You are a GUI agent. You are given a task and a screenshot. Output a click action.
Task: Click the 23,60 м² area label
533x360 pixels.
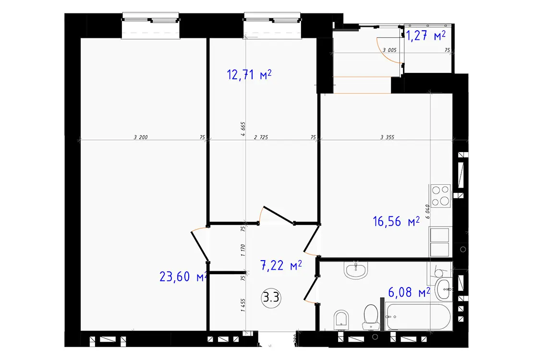coord(183,276)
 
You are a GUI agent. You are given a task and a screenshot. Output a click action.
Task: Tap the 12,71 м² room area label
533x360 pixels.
coord(249,74)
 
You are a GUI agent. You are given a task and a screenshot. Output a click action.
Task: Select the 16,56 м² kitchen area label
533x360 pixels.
coord(396,222)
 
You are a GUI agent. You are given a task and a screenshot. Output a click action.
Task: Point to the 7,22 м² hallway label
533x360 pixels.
coord(281,265)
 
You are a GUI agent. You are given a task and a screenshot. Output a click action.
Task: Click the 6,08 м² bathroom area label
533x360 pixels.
coord(409,292)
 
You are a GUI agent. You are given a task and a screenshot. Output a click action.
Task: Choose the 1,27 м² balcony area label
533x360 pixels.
coord(426,36)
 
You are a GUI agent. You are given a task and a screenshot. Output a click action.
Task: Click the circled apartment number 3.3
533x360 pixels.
coord(271,298)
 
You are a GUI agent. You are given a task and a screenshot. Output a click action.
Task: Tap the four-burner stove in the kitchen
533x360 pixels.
coord(440,196)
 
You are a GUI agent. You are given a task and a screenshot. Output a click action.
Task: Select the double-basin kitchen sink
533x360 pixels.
coord(440,242)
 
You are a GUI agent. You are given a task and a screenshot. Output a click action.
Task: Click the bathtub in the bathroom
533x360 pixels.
coord(418,317)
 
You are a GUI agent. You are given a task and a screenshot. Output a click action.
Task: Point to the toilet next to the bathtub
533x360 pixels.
coord(371,317)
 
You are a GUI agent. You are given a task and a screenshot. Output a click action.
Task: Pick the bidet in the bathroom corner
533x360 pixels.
coord(341,320)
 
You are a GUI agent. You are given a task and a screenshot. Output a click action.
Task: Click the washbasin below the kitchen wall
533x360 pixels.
coord(355,270)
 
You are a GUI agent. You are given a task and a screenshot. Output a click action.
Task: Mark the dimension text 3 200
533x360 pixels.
coord(141,137)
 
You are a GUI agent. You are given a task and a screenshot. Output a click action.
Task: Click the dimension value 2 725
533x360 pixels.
coord(261,137)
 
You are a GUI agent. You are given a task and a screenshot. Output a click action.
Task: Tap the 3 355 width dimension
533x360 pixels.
coord(387,137)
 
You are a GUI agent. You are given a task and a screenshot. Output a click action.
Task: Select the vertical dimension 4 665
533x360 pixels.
coord(242,129)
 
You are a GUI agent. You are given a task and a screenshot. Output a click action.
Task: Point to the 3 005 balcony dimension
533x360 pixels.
coord(389,50)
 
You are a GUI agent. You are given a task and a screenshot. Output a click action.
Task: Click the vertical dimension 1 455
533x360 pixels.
coord(242,305)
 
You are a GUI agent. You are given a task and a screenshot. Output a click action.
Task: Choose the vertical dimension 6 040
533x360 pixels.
coord(427,212)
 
